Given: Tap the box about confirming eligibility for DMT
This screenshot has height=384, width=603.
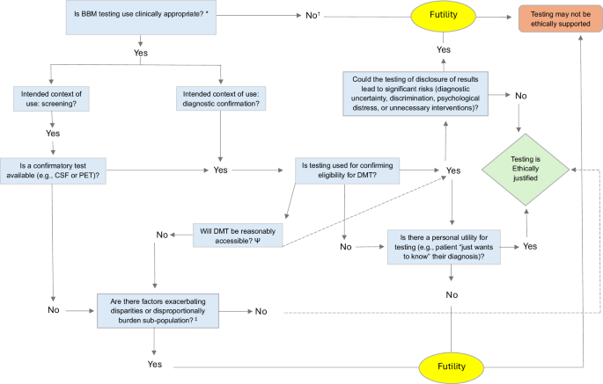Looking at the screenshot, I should [348, 170].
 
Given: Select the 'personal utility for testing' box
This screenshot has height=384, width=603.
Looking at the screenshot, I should [448, 246].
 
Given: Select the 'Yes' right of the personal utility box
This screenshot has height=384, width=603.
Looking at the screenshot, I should [530, 247].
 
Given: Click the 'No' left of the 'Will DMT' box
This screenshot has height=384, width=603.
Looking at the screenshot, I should [162, 235].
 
